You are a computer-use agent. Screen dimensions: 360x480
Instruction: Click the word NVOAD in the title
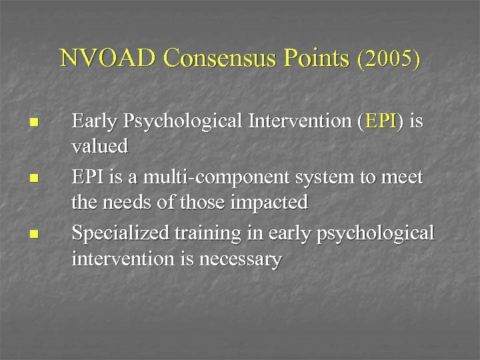[109, 59]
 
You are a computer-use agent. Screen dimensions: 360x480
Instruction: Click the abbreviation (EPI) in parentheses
[380, 121]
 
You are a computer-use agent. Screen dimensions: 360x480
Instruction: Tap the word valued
[99, 145]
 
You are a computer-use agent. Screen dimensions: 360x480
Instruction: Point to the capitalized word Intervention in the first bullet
[295, 121]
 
